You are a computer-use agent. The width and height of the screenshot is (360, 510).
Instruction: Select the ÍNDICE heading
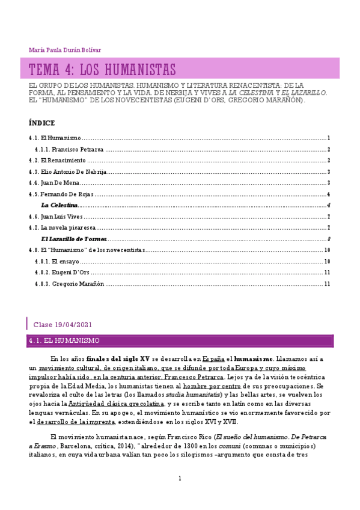[x=41, y=123]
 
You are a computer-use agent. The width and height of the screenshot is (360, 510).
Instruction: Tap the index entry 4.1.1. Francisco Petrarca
[x=69, y=149]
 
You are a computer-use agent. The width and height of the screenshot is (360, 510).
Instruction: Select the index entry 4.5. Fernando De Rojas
[x=62, y=194]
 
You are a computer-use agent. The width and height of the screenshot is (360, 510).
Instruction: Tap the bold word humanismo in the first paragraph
[x=253, y=358]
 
